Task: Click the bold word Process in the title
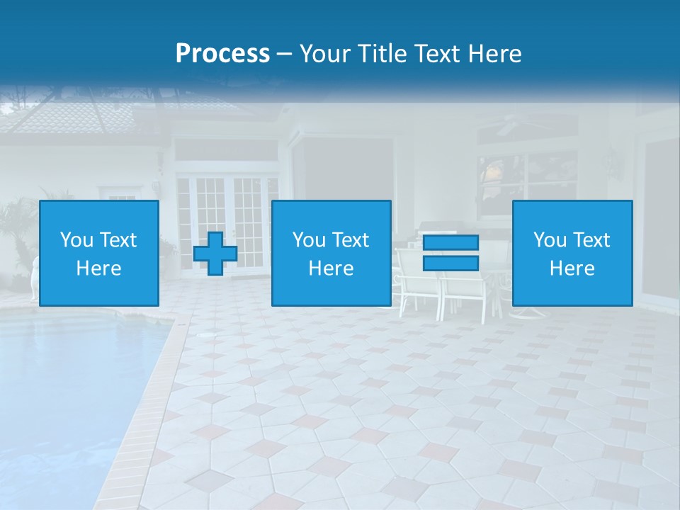[222, 54]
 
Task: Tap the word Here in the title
[494, 54]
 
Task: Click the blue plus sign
[215, 254]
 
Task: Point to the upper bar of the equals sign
[450, 243]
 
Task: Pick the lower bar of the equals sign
[450, 263]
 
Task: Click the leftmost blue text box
[99, 254]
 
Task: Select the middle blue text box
[331, 254]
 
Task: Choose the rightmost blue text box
[572, 254]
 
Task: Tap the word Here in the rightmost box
[572, 268]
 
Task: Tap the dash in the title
[285, 55]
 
